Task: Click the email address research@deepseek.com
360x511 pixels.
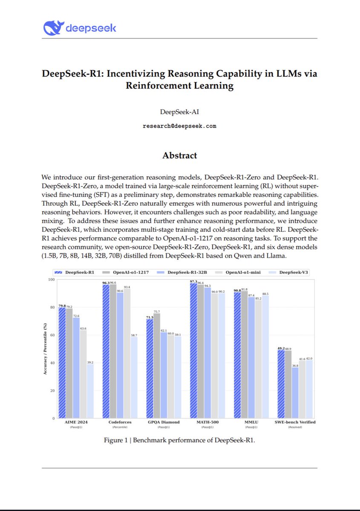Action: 179,126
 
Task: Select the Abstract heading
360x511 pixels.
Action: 179,155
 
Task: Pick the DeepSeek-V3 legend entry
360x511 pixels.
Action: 291,272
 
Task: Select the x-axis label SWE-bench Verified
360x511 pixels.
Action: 295,422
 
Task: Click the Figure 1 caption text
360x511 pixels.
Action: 179,440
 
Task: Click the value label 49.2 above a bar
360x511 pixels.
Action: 281,348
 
